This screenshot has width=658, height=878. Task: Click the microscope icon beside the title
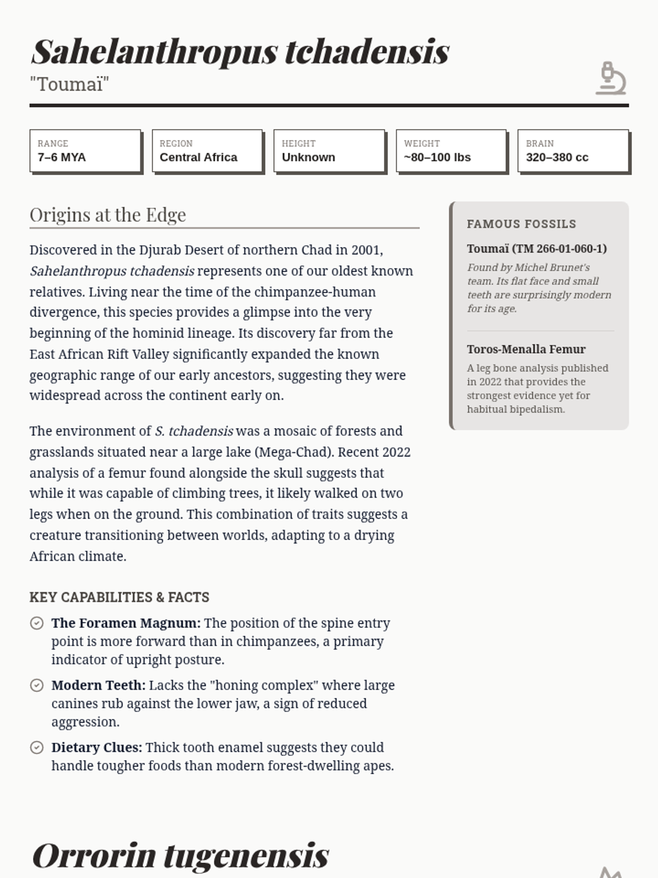611,78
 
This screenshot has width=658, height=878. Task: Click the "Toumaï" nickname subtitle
69,85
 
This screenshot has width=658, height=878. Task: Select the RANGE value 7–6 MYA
61,157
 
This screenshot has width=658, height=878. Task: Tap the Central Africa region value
198,157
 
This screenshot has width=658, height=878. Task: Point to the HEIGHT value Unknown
308,157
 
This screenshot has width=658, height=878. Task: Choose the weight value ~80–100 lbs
437,157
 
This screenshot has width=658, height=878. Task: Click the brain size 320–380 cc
557,157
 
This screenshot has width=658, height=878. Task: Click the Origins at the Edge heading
108,215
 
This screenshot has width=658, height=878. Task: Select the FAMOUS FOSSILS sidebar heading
521,224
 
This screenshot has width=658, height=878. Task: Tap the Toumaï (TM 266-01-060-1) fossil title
536,249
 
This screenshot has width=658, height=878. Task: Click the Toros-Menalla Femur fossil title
526,349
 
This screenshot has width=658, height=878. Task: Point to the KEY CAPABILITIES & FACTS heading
120,597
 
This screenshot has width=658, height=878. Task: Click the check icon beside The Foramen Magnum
37,623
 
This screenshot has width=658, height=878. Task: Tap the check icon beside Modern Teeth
37,685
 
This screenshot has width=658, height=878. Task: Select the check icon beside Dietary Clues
37,747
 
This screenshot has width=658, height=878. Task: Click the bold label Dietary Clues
97,747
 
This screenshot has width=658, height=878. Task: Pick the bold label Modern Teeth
98,685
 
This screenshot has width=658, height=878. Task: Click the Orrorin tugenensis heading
180,855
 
